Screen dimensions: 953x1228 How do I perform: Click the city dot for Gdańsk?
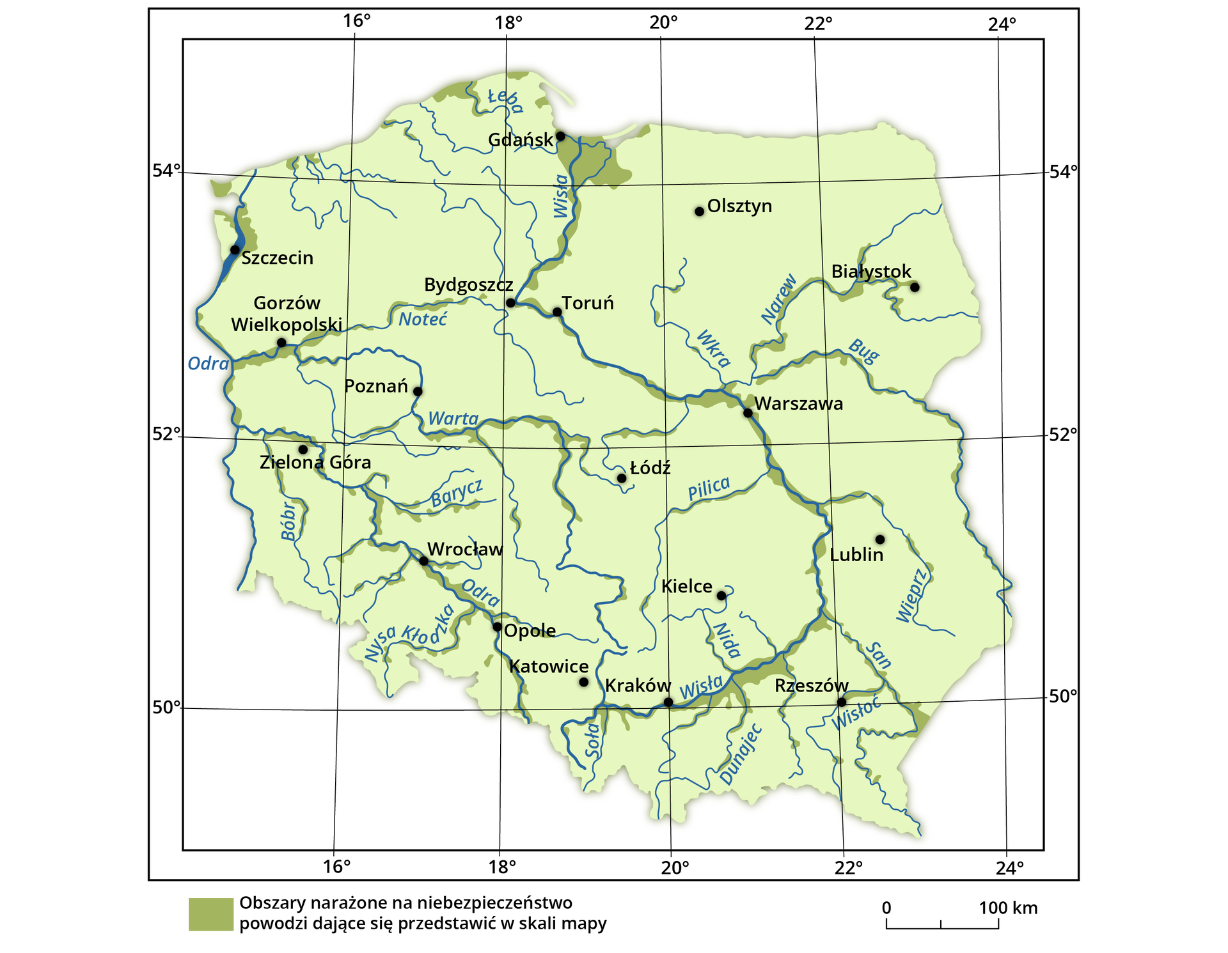click(560, 136)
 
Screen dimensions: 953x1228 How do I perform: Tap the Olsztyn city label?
click(739, 206)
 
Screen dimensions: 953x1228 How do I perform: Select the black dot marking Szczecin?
click(235, 250)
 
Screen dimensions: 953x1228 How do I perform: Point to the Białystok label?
click(871, 272)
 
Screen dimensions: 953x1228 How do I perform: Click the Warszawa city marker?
click(748, 413)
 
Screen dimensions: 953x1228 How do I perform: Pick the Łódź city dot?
click(622, 478)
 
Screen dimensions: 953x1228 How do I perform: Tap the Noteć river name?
click(423, 319)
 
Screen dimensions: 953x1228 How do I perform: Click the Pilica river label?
click(709, 489)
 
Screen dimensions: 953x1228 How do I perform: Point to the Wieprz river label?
click(912, 594)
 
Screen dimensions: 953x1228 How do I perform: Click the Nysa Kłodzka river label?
click(409, 633)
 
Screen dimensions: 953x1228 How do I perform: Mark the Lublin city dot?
click(880, 539)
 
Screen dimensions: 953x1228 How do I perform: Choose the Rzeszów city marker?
click(842, 702)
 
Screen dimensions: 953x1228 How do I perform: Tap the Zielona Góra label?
click(315, 462)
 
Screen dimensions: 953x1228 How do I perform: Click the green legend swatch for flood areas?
click(210, 914)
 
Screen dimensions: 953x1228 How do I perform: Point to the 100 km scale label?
click(1008, 908)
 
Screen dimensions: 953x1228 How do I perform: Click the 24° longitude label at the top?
click(1002, 24)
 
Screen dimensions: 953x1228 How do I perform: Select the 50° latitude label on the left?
click(166, 708)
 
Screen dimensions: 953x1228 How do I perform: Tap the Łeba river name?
click(505, 100)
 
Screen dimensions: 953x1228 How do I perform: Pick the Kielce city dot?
click(721, 596)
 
